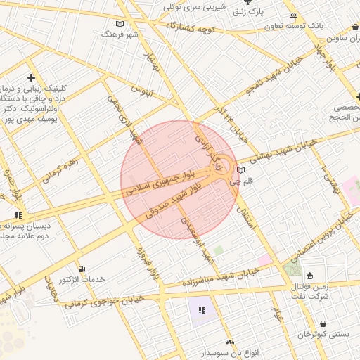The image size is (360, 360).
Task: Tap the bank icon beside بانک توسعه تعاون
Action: [x=293, y=15]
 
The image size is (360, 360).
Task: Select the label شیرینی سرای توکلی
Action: [x=195, y=6]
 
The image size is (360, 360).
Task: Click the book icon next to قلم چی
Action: [x=241, y=170]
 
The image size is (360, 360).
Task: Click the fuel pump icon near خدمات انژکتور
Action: [x=82, y=269]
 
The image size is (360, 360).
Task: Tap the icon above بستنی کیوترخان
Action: [x=323, y=323]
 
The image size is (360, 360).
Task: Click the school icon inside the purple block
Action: [x=202, y=310]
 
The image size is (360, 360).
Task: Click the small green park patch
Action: [x=219, y=250]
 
